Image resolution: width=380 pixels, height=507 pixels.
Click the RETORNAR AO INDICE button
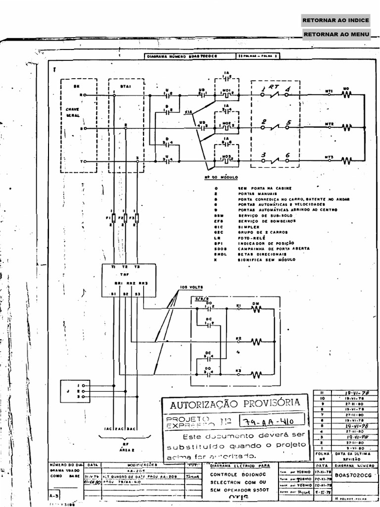[x=336, y=20]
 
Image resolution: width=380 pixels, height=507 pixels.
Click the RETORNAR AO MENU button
[x=336, y=34]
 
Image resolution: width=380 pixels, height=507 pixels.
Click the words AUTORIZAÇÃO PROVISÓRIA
[x=235, y=404]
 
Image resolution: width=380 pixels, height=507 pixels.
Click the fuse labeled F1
[x=108, y=217]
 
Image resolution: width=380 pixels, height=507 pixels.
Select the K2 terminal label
[x=238, y=338]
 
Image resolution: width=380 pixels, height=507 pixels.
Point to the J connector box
[x=75, y=391]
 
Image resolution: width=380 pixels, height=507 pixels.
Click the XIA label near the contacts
[x=188, y=112]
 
